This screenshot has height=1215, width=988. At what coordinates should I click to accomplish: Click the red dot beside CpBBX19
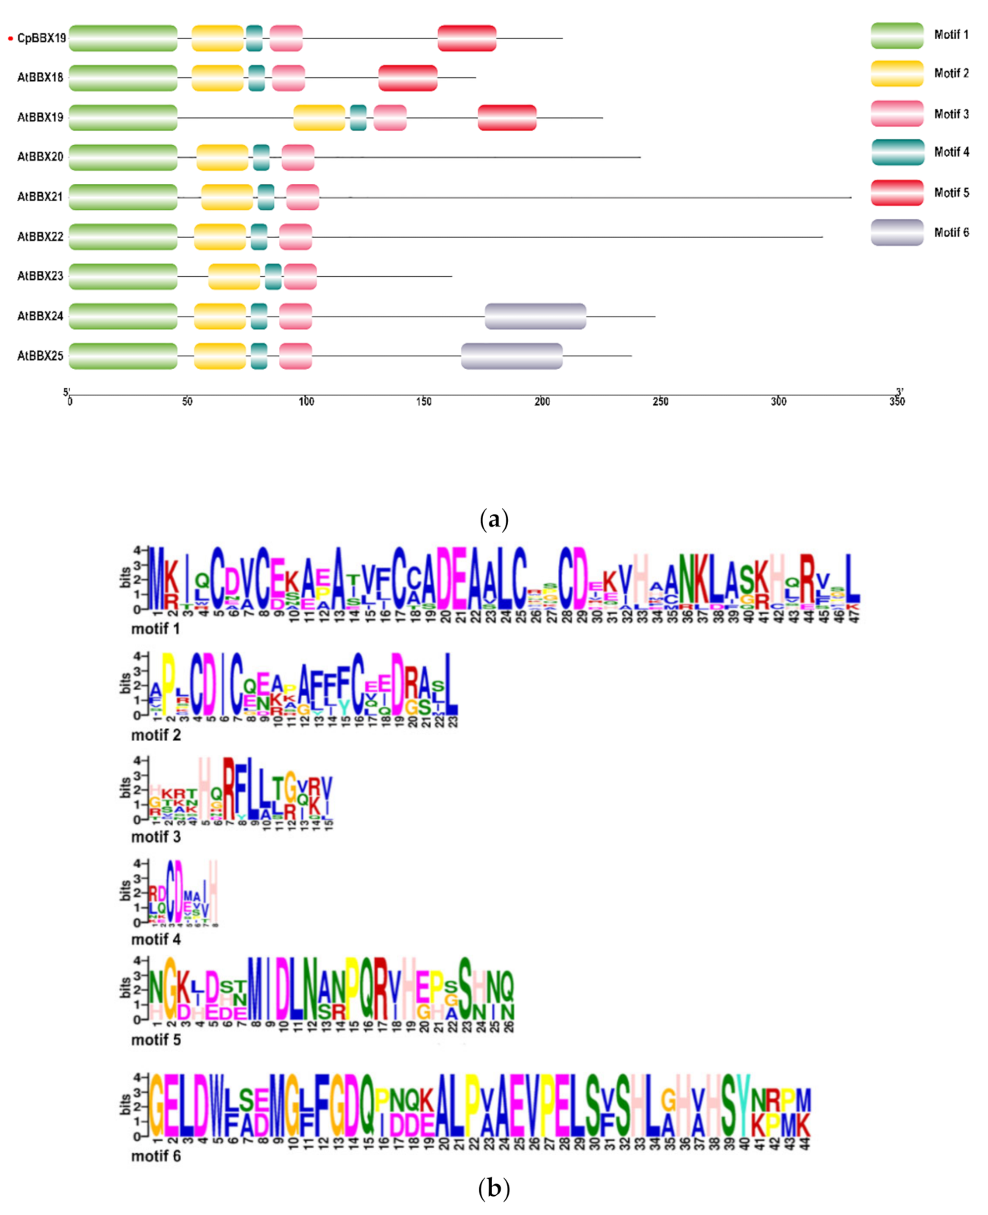point(10,38)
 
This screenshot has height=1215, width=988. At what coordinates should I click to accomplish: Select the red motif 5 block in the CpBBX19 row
point(467,38)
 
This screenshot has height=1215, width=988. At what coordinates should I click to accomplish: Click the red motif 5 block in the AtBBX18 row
point(408,78)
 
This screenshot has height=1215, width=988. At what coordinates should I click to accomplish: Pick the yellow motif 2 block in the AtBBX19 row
point(319,118)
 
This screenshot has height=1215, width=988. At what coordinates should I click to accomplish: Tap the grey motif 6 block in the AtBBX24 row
point(535,316)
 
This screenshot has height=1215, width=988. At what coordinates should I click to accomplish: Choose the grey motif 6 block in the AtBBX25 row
point(512,356)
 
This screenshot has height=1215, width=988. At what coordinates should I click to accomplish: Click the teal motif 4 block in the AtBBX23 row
point(273,276)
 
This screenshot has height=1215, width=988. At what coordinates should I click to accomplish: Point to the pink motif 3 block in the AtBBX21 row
point(303,197)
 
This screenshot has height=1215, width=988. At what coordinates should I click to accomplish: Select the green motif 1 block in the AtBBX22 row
point(123,236)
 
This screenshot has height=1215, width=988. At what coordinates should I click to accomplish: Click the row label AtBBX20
point(40,157)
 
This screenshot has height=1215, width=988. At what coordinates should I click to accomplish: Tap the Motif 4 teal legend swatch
point(897,152)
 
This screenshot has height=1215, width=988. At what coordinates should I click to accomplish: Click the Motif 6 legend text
point(951,233)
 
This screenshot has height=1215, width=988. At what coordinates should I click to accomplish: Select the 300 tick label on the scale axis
point(778,401)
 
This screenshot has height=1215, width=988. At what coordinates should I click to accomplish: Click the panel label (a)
point(493,520)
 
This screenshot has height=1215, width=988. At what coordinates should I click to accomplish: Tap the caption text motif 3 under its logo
point(155,837)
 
